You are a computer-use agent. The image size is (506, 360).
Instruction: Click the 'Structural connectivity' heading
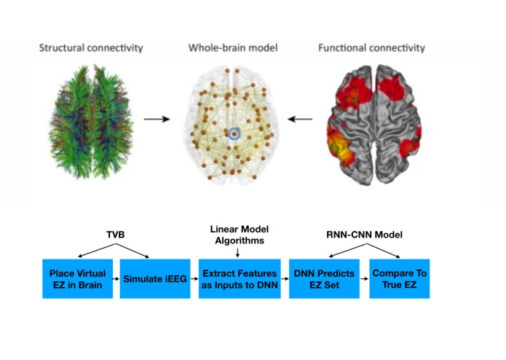[x=91, y=48]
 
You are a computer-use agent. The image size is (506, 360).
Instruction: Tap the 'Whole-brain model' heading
[x=233, y=48]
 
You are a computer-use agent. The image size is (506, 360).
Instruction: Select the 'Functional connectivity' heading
[x=371, y=48]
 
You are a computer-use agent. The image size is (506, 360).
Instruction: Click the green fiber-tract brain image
[x=91, y=122]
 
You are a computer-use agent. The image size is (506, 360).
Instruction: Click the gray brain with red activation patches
[x=373, y=125]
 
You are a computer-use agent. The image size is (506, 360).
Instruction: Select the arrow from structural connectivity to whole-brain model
[x=157, y=119]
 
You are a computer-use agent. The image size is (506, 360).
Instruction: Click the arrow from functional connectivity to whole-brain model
[x=300, y=119]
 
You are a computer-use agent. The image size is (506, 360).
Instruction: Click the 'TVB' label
[x=116, y=235]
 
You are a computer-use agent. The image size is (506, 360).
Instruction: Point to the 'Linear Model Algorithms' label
[x=240, y=235]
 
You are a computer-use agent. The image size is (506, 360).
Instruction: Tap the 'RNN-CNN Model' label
[x=364, y=235]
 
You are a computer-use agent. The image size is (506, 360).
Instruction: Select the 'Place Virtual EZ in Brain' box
[x=78, y=278]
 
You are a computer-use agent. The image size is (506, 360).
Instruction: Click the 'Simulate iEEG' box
[x=155, y=278]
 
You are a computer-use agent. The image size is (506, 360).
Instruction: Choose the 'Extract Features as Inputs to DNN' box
[x=240, y=278]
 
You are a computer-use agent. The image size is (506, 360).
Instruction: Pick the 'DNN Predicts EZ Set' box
[x=324, y=278]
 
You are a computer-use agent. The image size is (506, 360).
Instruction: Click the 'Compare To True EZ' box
[x=400, y=278]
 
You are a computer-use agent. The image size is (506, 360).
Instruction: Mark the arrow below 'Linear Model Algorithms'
[x=238, y=253]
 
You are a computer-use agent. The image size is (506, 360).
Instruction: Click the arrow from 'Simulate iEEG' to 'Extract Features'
[x=194, y=278]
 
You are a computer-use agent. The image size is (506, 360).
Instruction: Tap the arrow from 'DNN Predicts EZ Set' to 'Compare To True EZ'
[x=364, y=278]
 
